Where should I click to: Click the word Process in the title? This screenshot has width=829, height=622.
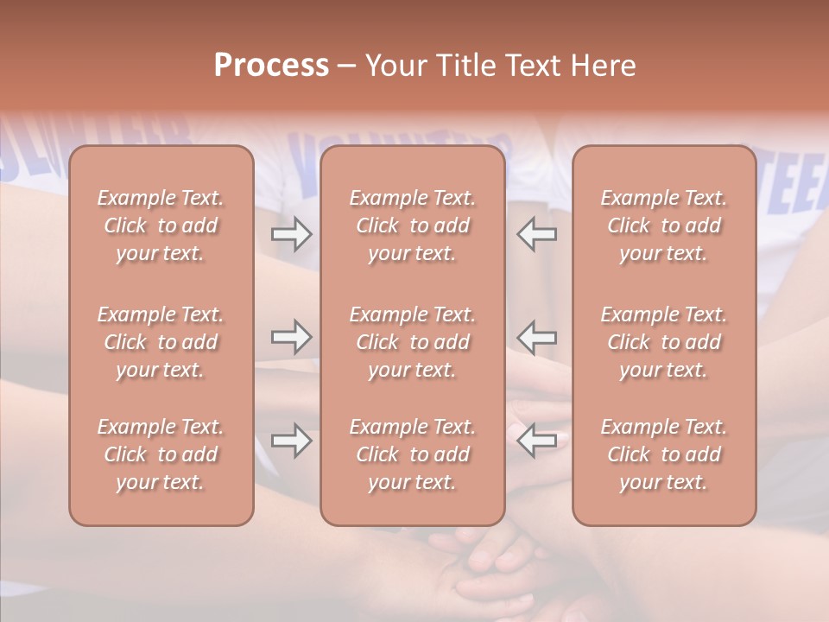point(271,66)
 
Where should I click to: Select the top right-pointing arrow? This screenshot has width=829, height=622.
point(292,234)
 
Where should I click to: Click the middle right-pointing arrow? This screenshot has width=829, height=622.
point(292,336)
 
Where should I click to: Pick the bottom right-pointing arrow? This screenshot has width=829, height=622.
point(292,440)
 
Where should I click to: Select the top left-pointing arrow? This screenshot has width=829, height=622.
point(537,234)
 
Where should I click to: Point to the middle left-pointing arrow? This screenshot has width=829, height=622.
point(537,336)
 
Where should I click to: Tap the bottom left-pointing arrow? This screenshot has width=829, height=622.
point(537,440)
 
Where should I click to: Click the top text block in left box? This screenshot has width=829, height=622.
point(161,226)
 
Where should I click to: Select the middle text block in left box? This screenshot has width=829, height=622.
point(161,342)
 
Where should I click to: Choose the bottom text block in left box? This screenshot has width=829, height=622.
point(161,454)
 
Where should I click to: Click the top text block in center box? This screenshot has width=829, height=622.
point(413,226)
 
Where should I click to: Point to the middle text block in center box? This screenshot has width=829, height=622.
point(413,342)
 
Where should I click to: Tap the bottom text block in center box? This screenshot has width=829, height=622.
point(413,454)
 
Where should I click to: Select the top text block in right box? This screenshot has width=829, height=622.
point(664,226)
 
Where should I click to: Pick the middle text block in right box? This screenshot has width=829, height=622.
point(664,342)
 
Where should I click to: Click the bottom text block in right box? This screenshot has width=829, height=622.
point(664,454)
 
